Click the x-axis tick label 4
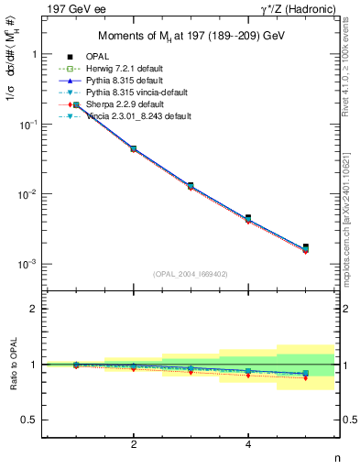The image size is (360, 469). [x=248, y=444]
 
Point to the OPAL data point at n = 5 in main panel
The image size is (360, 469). [x=306, y=246]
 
